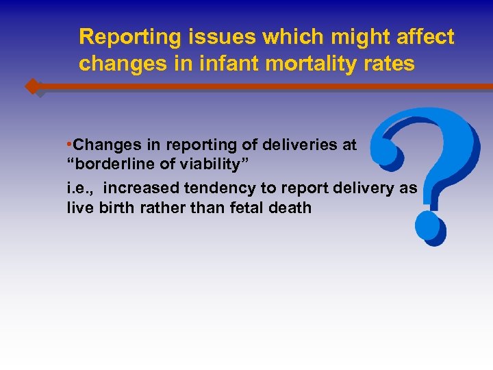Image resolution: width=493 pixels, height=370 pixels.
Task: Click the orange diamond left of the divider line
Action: tap(31, 87)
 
